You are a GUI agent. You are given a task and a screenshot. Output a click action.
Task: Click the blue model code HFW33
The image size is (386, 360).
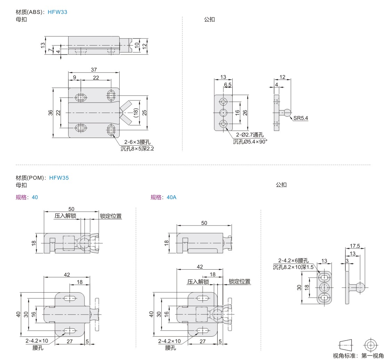[x=57, y=12]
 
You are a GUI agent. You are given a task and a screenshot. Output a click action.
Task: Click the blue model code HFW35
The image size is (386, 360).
[x=59, y=178]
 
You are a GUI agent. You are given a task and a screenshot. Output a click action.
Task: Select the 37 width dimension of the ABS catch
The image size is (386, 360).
[x=94, y=69]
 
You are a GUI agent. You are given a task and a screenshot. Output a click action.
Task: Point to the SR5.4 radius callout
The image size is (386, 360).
[x=300, y=118]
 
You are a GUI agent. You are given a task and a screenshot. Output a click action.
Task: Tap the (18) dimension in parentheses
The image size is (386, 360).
[x=136, y=113]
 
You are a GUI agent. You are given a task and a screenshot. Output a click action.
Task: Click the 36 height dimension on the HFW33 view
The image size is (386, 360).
[x=50, y=113]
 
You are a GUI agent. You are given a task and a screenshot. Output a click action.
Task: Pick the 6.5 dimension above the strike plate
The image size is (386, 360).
[x=228, y=85]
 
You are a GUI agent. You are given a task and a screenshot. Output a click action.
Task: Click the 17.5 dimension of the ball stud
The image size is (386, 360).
[x=355, y=246]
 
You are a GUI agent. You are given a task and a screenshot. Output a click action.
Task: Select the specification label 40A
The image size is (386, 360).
[x=171, y=197]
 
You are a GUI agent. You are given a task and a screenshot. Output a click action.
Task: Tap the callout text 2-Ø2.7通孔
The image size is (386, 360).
[x=250, y=134]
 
